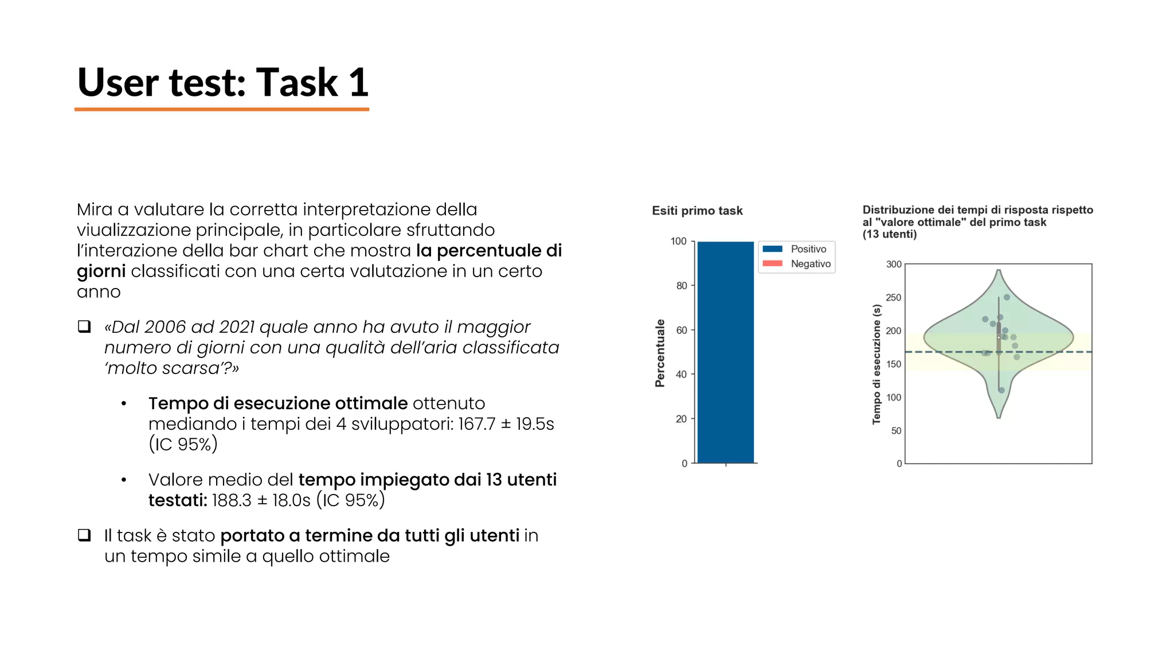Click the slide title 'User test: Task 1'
pos(222,83)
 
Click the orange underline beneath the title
pos(221,109)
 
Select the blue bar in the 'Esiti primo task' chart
pos(725,352)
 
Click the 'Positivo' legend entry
pos(808,249)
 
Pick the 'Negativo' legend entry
pos(810,264)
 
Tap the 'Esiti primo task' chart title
pos(697,211)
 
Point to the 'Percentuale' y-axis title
pos(660,353)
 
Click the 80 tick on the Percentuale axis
pos(681,286)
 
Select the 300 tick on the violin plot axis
pos(894,265)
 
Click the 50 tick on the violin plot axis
pos(896,431)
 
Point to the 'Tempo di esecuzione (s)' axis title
pos(876,364)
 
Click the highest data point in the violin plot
pos(1007,297)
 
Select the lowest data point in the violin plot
pos(1001,390)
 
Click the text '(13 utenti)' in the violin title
pos(890,234)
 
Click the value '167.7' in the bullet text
pos(476,424)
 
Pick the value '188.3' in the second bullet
pos(231,500)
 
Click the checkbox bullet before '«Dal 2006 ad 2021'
pos(84,326)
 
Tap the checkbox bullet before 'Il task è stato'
pos(84,535)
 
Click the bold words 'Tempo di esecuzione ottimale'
pos(277,403)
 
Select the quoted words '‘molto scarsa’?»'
pos(171,368)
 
